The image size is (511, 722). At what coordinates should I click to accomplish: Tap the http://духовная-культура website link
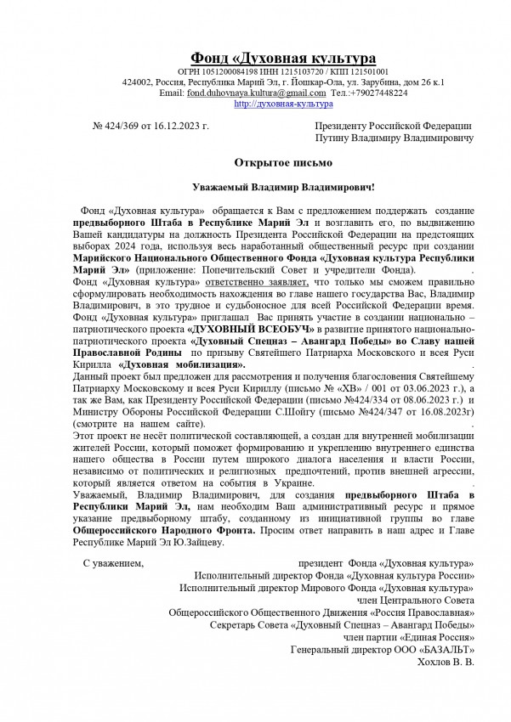pyautogui.click(x=282, y=104)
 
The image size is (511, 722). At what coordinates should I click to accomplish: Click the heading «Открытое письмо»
pyautogui.click(x=283, y=161)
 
